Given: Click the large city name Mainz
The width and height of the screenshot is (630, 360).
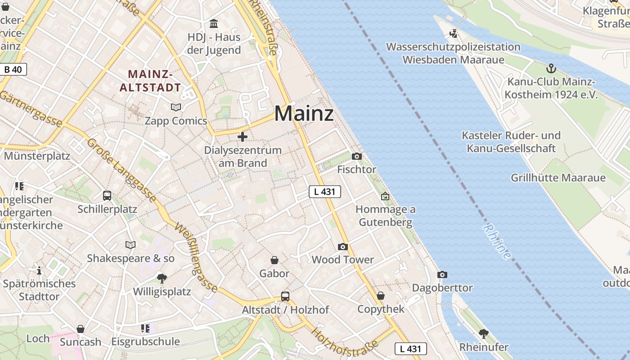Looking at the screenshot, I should click(304, 113).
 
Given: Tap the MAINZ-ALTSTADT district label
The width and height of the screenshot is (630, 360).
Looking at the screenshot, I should click(150, 81).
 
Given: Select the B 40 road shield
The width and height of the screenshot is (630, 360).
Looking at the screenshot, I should click(13, 69).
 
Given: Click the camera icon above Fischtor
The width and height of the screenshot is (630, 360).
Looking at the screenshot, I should click(357, 156).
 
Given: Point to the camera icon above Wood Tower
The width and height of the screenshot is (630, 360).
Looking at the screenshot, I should click(343, 247).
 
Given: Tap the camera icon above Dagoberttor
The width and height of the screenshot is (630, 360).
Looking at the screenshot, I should click(442, 274).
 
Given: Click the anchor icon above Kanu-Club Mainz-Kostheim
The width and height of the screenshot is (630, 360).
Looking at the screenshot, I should click(551, 68).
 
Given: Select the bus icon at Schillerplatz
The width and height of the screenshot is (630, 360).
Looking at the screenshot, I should click(107, 196).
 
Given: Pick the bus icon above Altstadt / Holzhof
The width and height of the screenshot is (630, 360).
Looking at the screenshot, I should click(285, 296).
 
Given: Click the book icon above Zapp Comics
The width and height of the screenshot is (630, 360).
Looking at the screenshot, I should click(175, 107).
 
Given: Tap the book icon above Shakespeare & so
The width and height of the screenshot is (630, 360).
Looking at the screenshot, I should click(130, 245).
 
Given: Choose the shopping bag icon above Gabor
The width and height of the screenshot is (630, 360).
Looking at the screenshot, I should click(274, 260).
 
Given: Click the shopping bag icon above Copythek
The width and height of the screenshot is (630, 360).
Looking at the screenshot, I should click(381, 296).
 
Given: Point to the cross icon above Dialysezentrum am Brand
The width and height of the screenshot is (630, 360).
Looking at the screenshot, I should click(243, 136).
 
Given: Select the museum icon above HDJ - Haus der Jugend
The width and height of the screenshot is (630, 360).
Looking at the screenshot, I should click(214, 23).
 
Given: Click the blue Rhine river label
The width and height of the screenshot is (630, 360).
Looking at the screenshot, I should click(497, 242).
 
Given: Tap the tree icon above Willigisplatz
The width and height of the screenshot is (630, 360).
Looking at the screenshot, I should click(162, 278).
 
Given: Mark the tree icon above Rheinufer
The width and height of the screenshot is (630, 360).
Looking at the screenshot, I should click(484, 333).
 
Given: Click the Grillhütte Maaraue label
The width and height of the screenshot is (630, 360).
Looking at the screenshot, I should click(558, 178).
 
